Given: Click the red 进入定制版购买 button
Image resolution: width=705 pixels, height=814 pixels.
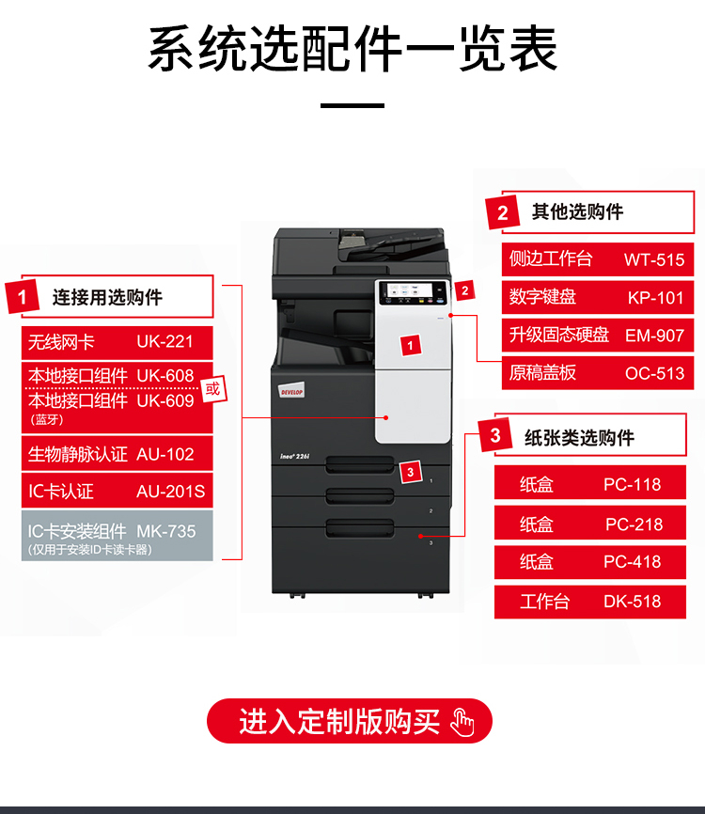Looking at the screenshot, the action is click(350, 721).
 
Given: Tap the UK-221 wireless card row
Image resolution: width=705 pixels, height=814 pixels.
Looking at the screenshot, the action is click(117, 342).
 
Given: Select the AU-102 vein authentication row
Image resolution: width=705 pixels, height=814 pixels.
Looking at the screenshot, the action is click(117, 454).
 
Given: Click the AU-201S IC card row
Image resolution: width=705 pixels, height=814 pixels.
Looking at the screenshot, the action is click(117, 491).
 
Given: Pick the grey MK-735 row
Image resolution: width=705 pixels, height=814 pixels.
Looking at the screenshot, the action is click(117, 536).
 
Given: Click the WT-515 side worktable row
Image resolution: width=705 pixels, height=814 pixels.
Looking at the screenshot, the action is click(598, 259).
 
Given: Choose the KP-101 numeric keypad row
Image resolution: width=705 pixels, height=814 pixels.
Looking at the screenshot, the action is click(598, 297).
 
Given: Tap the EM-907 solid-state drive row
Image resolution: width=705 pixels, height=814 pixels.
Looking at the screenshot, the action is click(598, 336).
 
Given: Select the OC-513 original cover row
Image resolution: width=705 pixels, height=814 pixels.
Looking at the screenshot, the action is click(598, 373).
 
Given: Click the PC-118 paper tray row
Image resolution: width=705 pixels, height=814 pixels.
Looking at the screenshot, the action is click(589, 484).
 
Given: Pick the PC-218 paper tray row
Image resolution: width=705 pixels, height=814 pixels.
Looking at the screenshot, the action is click(589, 524).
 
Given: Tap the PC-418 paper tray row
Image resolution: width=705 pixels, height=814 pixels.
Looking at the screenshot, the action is click(589, 562).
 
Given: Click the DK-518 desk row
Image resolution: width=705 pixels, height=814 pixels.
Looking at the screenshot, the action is click(589, 602).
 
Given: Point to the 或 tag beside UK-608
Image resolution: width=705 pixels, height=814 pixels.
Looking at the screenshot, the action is click(213, 389).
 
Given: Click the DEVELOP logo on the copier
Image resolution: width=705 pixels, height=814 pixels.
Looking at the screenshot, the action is click(291, 391).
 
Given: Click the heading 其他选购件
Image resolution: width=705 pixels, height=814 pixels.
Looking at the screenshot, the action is click(577, 211).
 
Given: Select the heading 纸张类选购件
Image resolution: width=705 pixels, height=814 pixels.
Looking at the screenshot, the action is click(579, 438).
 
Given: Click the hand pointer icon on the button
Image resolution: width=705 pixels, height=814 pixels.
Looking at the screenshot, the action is click(462, 722).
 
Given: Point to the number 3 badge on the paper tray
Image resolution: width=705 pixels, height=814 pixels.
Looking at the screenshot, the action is click(411, 472).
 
